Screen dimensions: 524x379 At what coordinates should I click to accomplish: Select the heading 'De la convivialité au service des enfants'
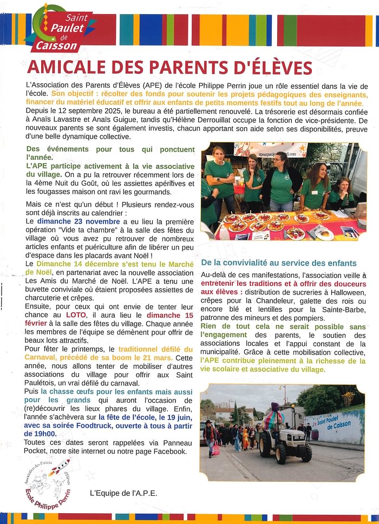tap(279, 263)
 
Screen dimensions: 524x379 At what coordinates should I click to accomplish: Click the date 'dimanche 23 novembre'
tap(79, 221)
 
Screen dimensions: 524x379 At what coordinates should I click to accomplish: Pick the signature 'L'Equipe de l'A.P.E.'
tap(123, 493)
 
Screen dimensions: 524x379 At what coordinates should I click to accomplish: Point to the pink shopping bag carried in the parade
tap(216, 449)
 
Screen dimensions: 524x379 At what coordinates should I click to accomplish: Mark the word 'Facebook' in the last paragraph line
tap(169, 451)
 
